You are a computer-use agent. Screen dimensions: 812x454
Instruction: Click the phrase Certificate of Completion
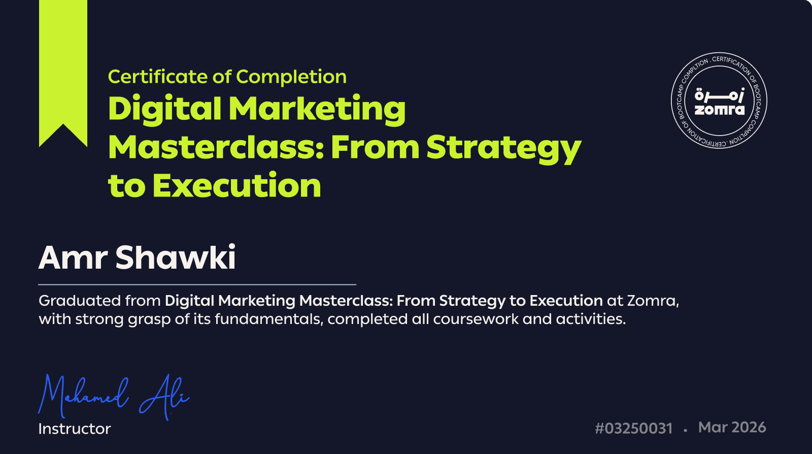tap(227, 77)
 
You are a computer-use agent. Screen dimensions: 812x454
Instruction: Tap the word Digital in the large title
tap(164, 109)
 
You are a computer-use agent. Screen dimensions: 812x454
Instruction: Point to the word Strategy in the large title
tap(504, 149)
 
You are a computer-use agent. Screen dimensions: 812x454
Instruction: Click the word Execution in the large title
tap(236, 185)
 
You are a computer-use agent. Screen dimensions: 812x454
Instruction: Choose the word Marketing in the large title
tap(317, 109)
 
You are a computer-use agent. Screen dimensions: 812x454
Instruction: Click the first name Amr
tap(73, 257)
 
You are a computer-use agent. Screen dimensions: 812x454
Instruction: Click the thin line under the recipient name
tap(197, 285)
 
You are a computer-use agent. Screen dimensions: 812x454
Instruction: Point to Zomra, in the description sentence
tap(653, 301)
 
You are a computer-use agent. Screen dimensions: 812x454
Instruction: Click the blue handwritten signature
tap(114, 397)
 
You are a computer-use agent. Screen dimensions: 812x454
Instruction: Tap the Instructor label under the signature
tap(75, 429)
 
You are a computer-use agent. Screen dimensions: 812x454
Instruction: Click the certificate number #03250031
tap(634, 428)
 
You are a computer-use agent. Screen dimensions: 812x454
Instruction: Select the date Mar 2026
tap(732, 428)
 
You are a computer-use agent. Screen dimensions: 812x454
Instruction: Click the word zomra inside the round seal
tap(720, 110)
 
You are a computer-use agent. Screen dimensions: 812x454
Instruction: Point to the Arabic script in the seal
tap(720, 95)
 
